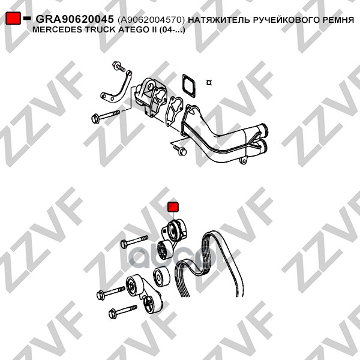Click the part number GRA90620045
click(74, 19)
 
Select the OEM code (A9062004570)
click(151, 20)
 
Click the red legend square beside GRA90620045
click(13, 18)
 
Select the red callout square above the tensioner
click(173, 206)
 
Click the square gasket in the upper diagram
click(188, 85)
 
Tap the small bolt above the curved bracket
click(118, 66)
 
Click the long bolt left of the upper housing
click(106, 116)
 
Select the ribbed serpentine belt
click(209, 263)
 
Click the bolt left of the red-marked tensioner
click(134, 242)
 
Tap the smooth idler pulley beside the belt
click(161, 277)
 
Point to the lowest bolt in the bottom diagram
click(122, 311)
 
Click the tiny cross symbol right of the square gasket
click(209, 82)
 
